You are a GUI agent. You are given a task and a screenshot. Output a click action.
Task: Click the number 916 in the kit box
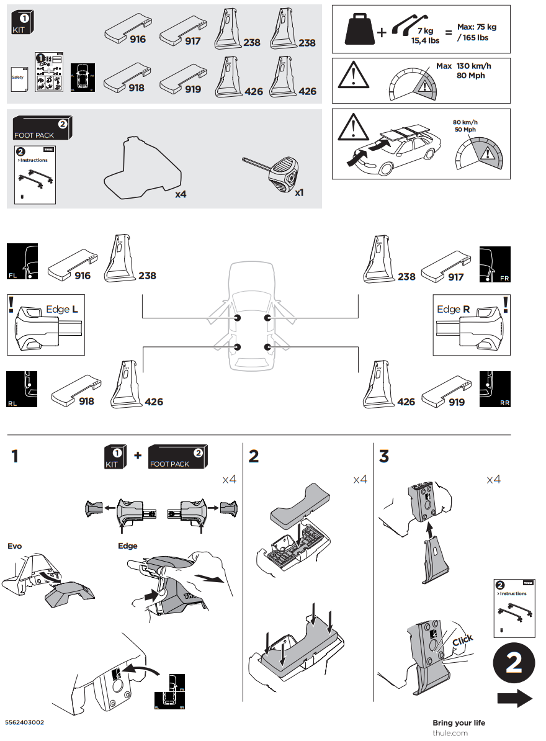click(x=138, y=40)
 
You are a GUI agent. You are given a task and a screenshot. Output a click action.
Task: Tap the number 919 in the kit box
click(x=193, y=89)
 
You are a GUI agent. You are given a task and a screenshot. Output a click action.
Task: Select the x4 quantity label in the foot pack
click(x=181, y=194)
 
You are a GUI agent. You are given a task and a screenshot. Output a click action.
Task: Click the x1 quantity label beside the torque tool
click(x=299, y=193)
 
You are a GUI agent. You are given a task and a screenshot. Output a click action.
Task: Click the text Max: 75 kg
click(x=477, y=27)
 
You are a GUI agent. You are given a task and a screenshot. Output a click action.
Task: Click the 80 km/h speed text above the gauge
click(x=466, y=122)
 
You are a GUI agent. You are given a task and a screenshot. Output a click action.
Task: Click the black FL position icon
click(x=22, y=262)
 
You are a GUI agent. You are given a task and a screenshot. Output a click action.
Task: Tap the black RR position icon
click(x=495, y=389)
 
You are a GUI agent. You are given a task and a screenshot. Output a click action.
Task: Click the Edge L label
click(x=62, y=309)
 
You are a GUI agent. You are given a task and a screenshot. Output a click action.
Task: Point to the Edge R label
click(x=453, y=309)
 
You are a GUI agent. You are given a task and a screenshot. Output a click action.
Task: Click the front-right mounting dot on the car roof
click(x=268, y=318)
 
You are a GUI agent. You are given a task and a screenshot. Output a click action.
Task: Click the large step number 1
click(x=14, y=457)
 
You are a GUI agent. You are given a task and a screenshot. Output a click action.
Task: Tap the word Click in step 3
click(x=462, y=640)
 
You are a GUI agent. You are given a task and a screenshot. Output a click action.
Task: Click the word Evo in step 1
click(x=14, y=546)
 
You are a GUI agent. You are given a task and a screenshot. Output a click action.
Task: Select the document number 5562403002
click(x=24, y=723)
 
